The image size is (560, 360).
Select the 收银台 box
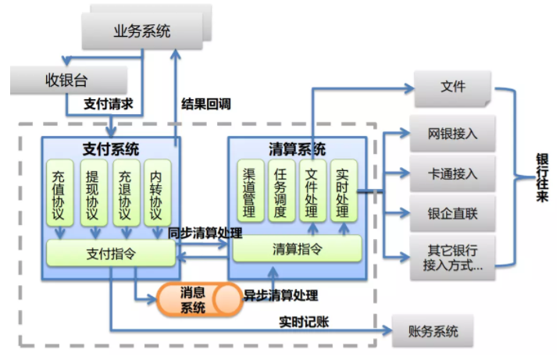[x=69, y=80]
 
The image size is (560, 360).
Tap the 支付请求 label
[x=109, y=103]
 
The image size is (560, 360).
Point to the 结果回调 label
[x=206, y=103]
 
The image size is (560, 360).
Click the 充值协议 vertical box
[x=59, y=191]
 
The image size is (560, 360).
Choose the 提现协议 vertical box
[x=93, y=191]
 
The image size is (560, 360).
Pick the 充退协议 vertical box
[x=126, y=191]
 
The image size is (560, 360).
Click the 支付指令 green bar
[x=109, y=251]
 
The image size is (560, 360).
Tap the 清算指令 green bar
[x=297, y=249]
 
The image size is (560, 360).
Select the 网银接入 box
[x=453, y=134]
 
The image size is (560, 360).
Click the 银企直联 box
[x=453, y=213]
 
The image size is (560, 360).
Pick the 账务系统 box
[x=434, y=331]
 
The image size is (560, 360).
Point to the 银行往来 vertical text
[x=541, y=176]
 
